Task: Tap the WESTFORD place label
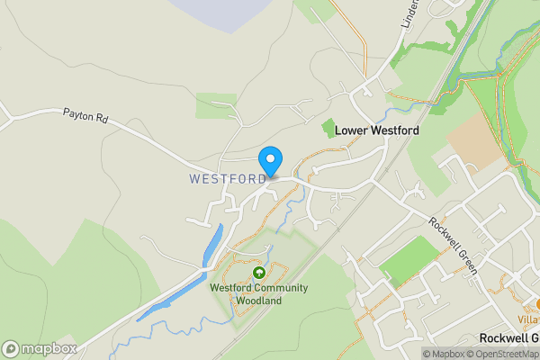tap(228, 179)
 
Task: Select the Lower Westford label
tap(378, 130)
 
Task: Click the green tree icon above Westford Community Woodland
tap(259, 273)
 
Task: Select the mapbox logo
tap(40, 348)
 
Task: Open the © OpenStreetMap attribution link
tap(506, 354)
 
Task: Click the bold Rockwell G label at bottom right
tap(508, 337)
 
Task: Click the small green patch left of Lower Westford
tap(328, 129)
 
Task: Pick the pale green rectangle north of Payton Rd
tap(216, 105)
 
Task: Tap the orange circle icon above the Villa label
tap(537, 305)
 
